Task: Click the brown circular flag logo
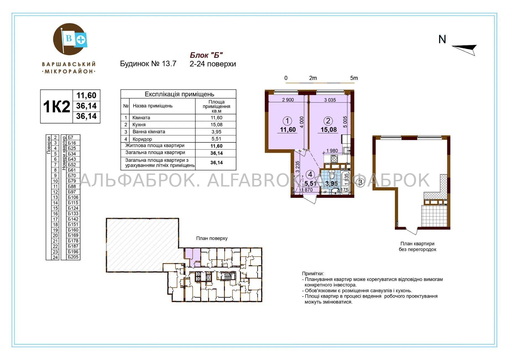coord(69,39)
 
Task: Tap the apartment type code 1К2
coord(57,106)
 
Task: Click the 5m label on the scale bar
coord(354,78)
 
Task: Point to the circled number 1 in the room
coord(288,121)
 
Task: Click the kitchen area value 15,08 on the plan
coord(329,130)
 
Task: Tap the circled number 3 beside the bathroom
coord(360,182)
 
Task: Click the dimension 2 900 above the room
coord(288,100)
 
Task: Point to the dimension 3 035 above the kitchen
coord(330,100)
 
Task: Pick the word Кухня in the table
coord(139,125)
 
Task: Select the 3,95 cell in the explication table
coord(216,132)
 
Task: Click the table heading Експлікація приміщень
coord(179,94)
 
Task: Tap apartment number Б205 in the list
coord(73,257)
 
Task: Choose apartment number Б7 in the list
coord(71,137)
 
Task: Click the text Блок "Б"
coord(206,55)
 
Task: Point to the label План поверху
coord(212,238)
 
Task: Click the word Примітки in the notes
coord(313,274)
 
